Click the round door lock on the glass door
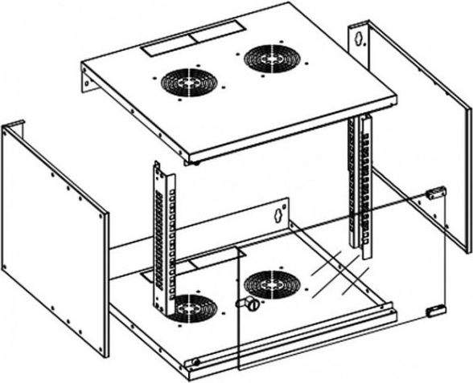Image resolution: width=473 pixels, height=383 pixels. point(249,304)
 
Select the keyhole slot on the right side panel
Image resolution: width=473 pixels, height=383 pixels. point(361,37)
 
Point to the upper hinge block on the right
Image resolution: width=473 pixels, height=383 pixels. point(435,192)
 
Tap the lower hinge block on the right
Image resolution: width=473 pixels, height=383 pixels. point(432,311)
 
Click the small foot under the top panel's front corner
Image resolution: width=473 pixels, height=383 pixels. point(195,161)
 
